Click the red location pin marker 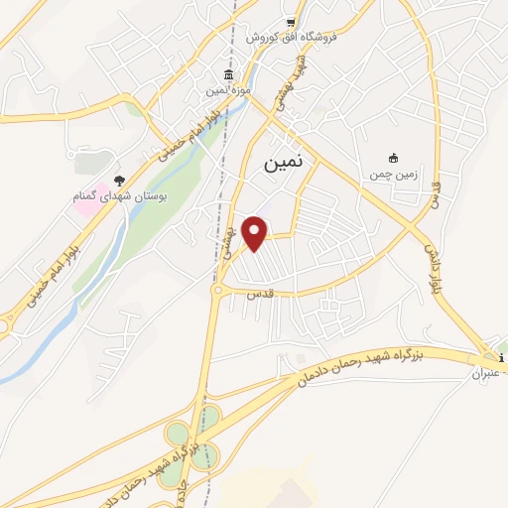click(x=255, y=232)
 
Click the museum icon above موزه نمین click(x=229, y=76)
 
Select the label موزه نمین click(x=229, y=91)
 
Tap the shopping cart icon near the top click(x=290, y=22)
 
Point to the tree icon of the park click(x=119, y=181)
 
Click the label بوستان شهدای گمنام click(x=118, y=196)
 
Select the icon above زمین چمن click(x=393, y=158)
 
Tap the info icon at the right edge click(x=502, y=358)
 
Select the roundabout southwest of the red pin click(x=217, y=289)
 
